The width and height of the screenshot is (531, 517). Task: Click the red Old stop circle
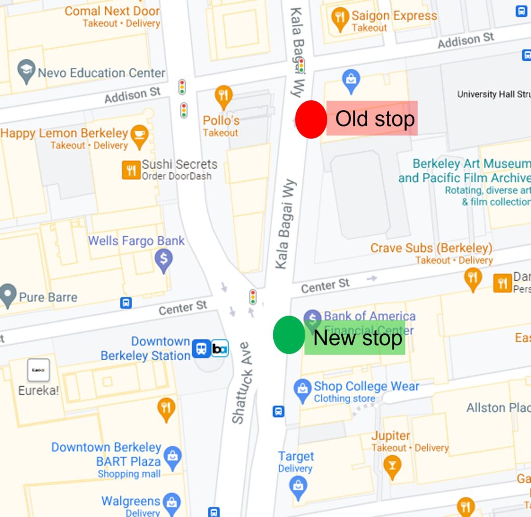(311, 119)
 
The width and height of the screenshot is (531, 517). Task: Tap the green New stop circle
(289, 335)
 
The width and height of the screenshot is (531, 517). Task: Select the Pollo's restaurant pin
(223, 97)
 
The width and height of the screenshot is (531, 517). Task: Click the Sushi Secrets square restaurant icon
(131, 170)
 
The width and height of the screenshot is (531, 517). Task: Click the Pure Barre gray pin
(8, 295)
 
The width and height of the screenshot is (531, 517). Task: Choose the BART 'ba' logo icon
(220, 348)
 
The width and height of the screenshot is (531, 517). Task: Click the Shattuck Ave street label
(242, 383)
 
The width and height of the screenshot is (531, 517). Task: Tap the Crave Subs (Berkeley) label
(431, 248)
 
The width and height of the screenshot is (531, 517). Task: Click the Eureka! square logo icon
(38, 370)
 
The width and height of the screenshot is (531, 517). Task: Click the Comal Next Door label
(112, 11)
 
